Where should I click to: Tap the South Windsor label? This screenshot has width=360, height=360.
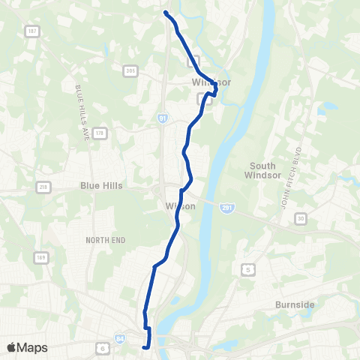pyautogui.click(x=260, y=170)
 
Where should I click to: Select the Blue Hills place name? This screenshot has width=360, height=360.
pyautogui.click(x=101, y=185)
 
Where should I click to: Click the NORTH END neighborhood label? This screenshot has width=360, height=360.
pyautogui.click(x=105, y=239)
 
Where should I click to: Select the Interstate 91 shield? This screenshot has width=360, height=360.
pyautogui.click(x=161, y=118)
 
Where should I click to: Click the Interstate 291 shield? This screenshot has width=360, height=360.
pyautogui.click(x=226, y=206)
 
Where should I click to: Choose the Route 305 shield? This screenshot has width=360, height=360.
pyautogui.click(x=130, y=70)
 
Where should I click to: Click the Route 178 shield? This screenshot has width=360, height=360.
pyautogui.click(x=99, y=133)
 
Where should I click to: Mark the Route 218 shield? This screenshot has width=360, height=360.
pyautogui.click(x=43, y=187)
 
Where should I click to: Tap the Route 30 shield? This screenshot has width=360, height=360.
pyautogui.click(x=301, y=218)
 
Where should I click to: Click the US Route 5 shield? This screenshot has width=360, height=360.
pyautogui.click(x=245, y=268)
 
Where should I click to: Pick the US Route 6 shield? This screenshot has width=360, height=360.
pyautogui.click(x=101, y=347)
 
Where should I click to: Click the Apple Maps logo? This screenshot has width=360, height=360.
pyautogui.click(x=27, y=347)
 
